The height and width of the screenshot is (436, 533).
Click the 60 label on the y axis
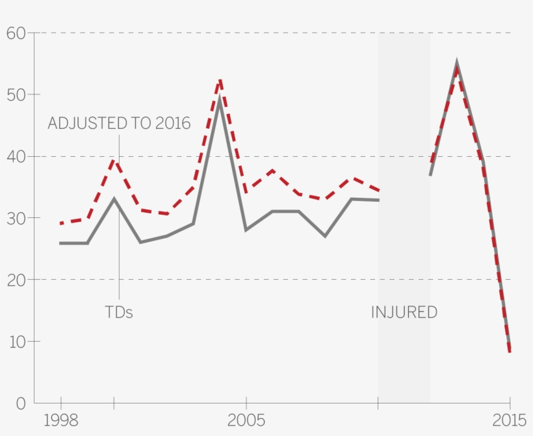pyautogui.click(x=16, y=33)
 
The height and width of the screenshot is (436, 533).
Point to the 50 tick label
pyautogui.click(x=16, y=95)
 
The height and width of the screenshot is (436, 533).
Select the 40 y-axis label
pyautogui.click(x=16, y=157)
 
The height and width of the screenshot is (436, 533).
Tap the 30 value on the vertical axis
pyautogui.click(x=16, y=219)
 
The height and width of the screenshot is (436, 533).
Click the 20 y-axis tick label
pyautogui.click(x=16, y=280)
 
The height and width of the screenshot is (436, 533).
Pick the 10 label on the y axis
pyautogui.click(x=16, y=342)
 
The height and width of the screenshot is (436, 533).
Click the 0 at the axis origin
pyautogui.click(x=21, y=403)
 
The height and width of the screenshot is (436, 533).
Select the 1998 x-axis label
pyautogui.click(x=60, y=420)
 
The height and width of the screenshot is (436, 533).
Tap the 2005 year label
pyautogui.click(x=246, y=420)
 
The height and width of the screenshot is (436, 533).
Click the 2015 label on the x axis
pyautogui.click(x=510, y=420)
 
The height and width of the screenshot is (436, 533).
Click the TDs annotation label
pyautogui.click(x=119, y=312)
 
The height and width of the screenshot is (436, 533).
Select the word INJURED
pyautogui.click(x=404, y=312)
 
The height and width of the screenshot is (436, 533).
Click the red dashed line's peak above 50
pyautogui.click(x=220, y=79)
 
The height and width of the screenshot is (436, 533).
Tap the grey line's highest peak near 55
pyautogui.click(x=457, y=63)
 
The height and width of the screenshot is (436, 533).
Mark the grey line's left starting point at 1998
pyautogui.click(x=60, y=243)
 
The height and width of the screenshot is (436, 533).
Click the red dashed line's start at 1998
pyautogui.click(x=60, y=223)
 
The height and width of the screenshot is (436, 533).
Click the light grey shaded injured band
pyautogui.click(x=404, y=215)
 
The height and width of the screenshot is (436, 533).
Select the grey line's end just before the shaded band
pyautogui.click(x=378, y=200)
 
